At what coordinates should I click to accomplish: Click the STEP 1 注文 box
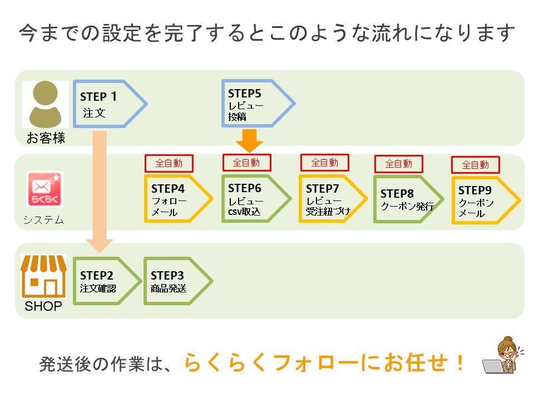click(x=110, y=104)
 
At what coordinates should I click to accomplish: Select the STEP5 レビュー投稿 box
click(x=258, y=104)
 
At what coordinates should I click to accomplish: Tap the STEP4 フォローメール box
click(x=179, y=198)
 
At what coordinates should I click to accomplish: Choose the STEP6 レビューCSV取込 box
click(x=256, y=198)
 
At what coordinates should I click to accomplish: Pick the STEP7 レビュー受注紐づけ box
click(x=333, y=198)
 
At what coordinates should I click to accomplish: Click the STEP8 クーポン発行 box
click(x=408, y=199)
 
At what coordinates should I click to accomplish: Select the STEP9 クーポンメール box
click(x=486, y=200)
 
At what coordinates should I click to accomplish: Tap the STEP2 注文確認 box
click(x=107, y=281)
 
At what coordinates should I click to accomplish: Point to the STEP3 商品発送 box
click(x=179, y=281)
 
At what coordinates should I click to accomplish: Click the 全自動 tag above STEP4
click(x=169, y=163)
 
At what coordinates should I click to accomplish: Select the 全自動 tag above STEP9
click(x=476, y=165)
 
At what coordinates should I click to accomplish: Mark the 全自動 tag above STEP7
click(x=324, y=163)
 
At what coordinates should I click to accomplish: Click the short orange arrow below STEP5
click(x=250, y=141)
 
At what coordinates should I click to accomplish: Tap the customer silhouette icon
click(x=45, y=104)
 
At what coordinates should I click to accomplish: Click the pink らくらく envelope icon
click(x=44, y=189)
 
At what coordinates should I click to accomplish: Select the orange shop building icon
click(x=43, y=276)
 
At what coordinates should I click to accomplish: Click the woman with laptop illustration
click(x=501, y=355)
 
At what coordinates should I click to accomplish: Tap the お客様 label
click(x=46, y=138)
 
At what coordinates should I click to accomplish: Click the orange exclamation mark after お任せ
click(x=460, y=363)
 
